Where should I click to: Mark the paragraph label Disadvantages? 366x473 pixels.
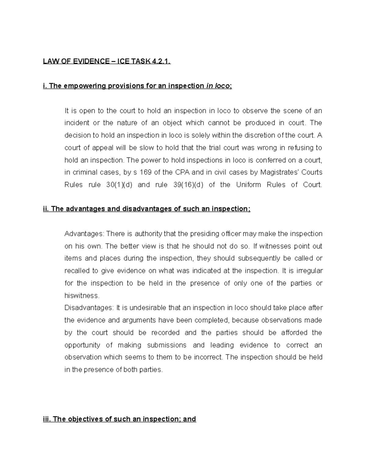89,308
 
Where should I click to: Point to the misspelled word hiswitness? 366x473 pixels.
82,296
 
